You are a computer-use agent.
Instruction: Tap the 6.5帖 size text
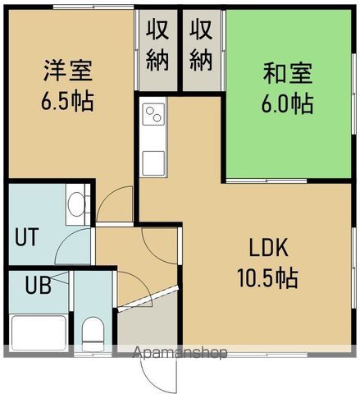pos(68,102)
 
